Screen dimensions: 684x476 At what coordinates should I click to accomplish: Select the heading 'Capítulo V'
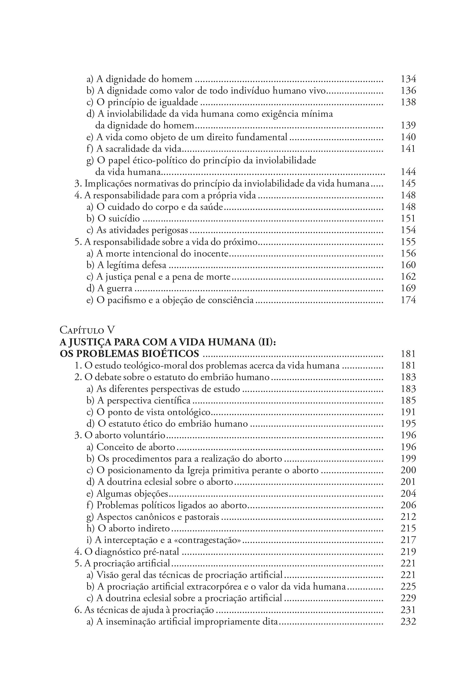tap(87, 330)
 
